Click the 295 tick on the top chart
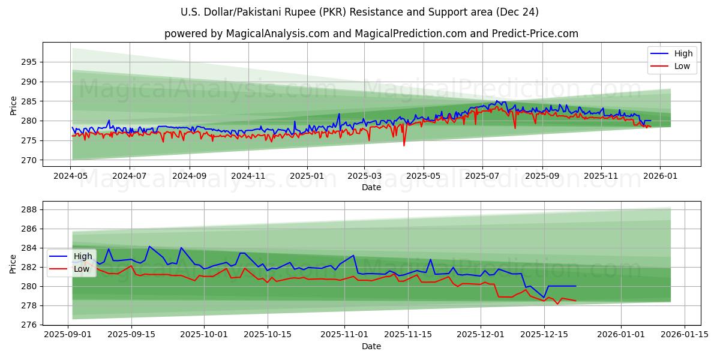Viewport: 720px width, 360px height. pos(29,62)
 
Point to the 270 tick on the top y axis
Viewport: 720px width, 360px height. pos(29,160)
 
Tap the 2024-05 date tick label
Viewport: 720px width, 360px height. pos(71,176)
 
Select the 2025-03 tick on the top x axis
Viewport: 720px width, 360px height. pos(364,176)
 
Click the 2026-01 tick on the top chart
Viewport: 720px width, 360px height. pos(660,176)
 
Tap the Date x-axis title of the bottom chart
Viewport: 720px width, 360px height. pos(371,346)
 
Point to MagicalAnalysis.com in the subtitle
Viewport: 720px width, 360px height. pos(277,34)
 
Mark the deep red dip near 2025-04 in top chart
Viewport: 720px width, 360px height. pos(404,145)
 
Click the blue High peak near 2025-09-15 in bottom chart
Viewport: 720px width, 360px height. pos(149,247)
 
